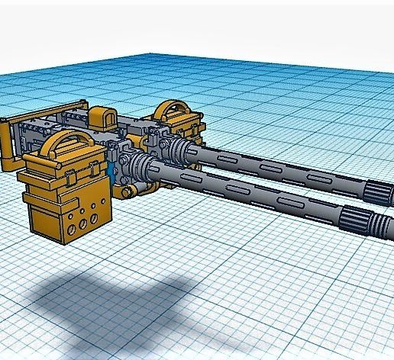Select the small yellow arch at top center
pos(100,116)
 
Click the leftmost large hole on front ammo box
pos(71,227)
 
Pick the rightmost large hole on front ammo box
pos(95,218)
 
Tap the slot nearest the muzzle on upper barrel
pos(313,178)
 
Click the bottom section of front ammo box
pos(73,221)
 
